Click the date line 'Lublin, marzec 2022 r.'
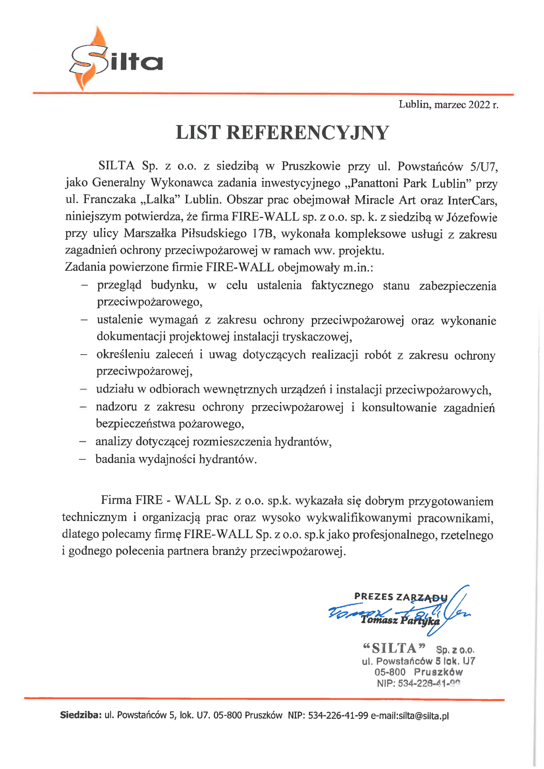coord(448,105)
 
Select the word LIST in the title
coord(198,133)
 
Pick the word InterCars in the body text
coord(472,200)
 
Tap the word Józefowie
coord(472,218)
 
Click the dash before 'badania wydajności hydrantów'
coord(83,459)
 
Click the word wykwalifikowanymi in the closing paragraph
coord(358,518)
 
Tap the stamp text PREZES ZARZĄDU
coord(400,597)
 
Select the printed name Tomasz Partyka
coord(400,621)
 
